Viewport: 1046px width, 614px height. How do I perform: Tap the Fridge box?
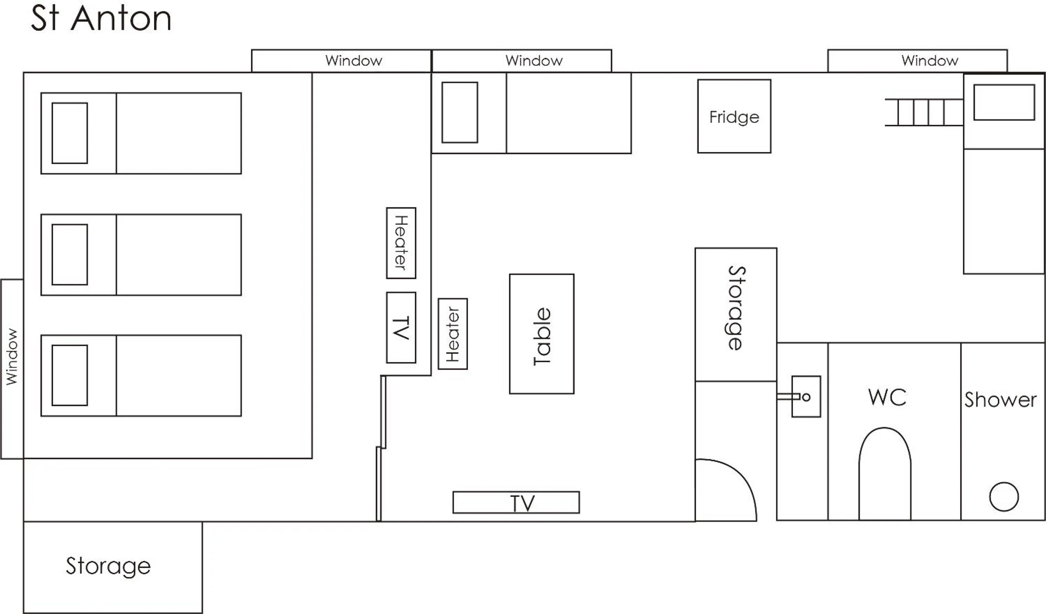point(734,116)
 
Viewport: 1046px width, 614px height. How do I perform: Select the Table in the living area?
point(542,334)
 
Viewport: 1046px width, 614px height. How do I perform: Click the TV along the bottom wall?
point(516,502)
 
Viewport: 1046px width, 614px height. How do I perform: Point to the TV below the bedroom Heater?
point(401,327)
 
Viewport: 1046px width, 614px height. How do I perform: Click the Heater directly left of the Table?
point(452,334)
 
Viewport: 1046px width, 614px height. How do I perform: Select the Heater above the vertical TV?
point(401,243)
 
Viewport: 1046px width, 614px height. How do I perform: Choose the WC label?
point(887,397)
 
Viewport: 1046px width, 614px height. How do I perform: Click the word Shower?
point(1000,400)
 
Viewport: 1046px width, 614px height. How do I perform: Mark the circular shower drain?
point(1004,496)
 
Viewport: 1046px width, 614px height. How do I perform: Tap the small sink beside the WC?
point(806,397)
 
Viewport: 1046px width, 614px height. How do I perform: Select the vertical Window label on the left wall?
point(12,357)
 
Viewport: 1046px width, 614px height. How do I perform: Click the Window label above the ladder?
point(930,61)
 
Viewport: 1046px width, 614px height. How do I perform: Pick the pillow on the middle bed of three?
point(70,254)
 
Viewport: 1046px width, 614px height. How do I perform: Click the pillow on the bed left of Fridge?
point(460,112)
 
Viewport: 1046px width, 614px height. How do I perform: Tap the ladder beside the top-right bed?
point(924,112)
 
